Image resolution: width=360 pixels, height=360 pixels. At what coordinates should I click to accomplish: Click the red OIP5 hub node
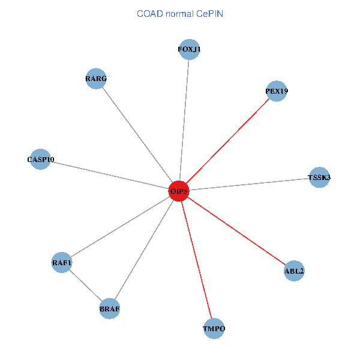[x=179, y=191]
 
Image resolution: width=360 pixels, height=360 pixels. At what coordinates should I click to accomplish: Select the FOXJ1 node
[x=189, y=49]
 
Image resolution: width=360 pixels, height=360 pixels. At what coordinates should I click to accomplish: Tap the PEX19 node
[x=276, y=91]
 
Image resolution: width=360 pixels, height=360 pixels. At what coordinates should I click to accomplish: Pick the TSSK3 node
[x=319, y=178]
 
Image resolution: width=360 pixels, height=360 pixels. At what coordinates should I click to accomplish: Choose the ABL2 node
[x=294, y=271]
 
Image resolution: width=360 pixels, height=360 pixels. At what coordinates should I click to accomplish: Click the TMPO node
[x=214, y=329]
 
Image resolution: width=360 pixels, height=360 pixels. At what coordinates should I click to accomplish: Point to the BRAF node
[x=110, y=308]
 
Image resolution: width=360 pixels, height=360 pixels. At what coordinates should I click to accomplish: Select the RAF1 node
[x=62, y=262]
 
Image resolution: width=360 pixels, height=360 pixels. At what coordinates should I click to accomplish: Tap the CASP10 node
[x=40, y=160]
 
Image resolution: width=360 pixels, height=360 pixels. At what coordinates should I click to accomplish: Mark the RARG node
[x=96, y=79]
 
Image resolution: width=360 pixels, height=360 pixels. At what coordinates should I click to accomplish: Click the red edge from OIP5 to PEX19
[x=227, y=142]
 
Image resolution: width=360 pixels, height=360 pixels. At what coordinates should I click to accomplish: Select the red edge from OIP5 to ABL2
[x=236, y=231]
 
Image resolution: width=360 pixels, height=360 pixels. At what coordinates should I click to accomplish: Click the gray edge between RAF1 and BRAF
[x=86, y=286]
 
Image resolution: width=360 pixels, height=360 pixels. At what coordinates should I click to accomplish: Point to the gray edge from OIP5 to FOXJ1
[x=184, y=120]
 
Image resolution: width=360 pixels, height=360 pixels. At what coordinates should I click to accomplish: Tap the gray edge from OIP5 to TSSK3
[x=249, y=184]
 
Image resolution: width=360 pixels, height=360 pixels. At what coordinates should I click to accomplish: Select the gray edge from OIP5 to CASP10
[x=109, y=175]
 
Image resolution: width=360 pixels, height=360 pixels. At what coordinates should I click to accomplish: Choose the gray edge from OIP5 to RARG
[x=137, y=135]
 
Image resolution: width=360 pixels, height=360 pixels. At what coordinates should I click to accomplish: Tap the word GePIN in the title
[x=209, y=13]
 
